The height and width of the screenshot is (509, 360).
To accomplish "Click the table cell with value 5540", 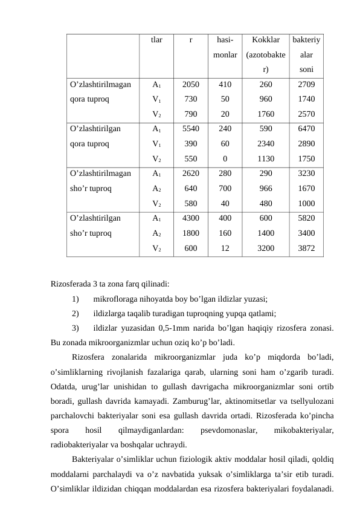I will pos(191,129).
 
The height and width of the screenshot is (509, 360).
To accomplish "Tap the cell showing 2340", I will pos(266,144).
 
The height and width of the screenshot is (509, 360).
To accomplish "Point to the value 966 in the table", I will pos(266,188).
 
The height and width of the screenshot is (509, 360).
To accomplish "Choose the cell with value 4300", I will pos(191,217).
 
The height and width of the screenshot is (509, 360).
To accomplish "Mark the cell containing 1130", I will pos(266,159).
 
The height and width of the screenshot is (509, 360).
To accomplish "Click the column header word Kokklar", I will pos(266,41).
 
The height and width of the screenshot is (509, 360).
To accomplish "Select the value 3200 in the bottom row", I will pos(266,248).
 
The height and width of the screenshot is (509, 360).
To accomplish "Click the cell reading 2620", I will pos(191,173).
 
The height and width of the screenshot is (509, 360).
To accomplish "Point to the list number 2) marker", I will pos(75,313).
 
